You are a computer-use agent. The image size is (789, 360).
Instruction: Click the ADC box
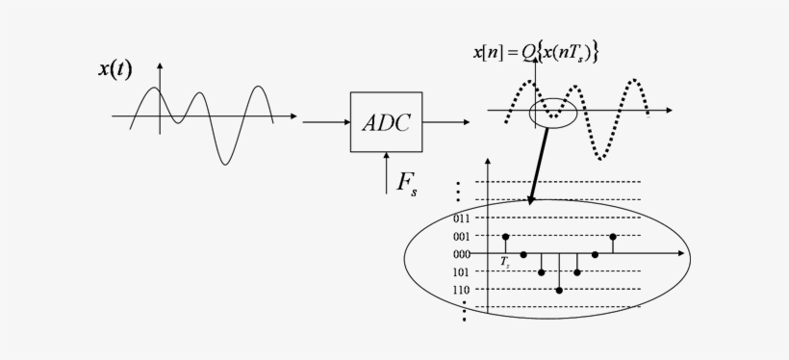(x=386, y=122)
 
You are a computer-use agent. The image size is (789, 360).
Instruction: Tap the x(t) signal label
(x=115, y=68)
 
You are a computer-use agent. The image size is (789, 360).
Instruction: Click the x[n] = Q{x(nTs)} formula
(x=535, y=53)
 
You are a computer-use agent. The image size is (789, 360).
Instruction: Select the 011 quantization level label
(x=461, y=219)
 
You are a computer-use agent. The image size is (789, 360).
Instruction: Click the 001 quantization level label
(x=461, y=237)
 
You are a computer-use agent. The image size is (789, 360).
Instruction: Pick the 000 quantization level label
(x=461, y=254)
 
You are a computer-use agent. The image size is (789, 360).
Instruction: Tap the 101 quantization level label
(x=461, y=271)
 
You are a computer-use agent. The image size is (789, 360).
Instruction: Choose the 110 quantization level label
(x=461, y=290)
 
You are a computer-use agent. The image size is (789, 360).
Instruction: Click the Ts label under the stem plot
(x=505, y=262)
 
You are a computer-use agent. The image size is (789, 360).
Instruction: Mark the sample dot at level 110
(x=559, y=290)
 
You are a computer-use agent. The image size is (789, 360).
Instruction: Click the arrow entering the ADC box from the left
(x=325, y=122)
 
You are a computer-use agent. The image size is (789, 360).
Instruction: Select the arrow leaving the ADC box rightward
(x=446, y=122)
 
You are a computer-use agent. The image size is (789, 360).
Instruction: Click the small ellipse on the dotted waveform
(x=553, y=113)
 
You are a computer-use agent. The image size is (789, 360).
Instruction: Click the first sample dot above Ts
(x=505, y=236)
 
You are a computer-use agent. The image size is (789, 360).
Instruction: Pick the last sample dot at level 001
(x=613, y=236)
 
